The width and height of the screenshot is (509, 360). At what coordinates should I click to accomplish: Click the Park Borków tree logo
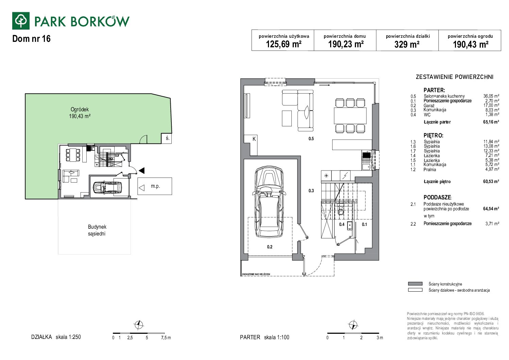point(21,21)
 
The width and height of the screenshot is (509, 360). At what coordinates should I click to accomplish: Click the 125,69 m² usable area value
point(284,44)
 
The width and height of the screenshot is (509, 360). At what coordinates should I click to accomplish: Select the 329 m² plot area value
point(407,44)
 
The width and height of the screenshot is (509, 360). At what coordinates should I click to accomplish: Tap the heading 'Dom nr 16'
point(31,39)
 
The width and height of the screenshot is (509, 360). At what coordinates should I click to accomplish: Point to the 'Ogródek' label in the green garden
point(80,109)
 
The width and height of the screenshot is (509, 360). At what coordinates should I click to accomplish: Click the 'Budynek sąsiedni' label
point(97,230)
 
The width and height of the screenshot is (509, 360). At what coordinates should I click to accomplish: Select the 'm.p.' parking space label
point(155,186)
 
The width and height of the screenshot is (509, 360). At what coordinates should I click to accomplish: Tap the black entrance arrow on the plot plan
point(141,170)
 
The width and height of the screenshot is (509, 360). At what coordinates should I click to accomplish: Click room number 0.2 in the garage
point(270,247)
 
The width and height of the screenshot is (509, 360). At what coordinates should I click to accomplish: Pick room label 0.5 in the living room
point(311,138)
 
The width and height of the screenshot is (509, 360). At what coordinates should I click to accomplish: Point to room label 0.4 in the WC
point(341,225)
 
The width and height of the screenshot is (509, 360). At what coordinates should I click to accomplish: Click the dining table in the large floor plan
point(350,116)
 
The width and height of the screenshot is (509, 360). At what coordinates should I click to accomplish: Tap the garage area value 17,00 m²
point(491,105)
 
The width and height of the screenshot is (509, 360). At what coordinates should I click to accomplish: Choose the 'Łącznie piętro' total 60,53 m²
point(491,181)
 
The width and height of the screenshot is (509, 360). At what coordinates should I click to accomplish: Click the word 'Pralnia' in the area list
point(430,170)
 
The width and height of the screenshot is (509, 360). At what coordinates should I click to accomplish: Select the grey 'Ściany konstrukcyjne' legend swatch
point(415,283)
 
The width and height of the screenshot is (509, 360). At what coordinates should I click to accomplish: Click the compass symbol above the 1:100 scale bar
point(353,325)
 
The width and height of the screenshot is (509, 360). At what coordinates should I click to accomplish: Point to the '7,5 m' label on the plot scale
point(166,338)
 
